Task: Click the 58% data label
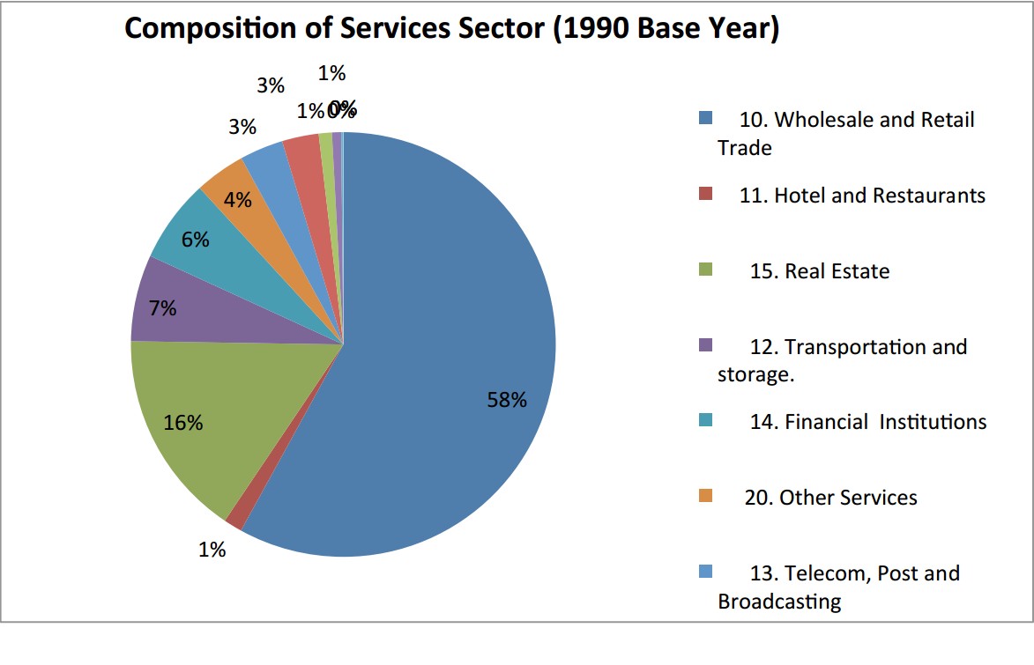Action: pyautogui.click(x=507, y=400)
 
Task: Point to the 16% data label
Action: pyautogui.click(x=183, y=423)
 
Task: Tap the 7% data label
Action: pyautogui.click(x=162, y=308)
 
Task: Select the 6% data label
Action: pyautogui.click(x=195, y=239)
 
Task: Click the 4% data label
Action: pyautogui.click(x=237, y=200)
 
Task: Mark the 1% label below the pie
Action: pyautogui.click(x=212, y=550)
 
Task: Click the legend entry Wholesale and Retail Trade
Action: pyautogui.click(x=846, y=132)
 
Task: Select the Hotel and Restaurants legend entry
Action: pyautogui.click(x=862, y=195)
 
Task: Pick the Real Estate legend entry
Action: pyautogui.click(x=820, y=270)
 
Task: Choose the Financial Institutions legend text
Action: pyautogui.click(x=868, y=422)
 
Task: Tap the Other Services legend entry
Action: pyautogui.click(x=830, y=498)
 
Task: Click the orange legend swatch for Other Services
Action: pyautogui.click(x=705, y=495)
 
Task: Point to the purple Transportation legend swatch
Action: pyautogui.click(x=705, y=345)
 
